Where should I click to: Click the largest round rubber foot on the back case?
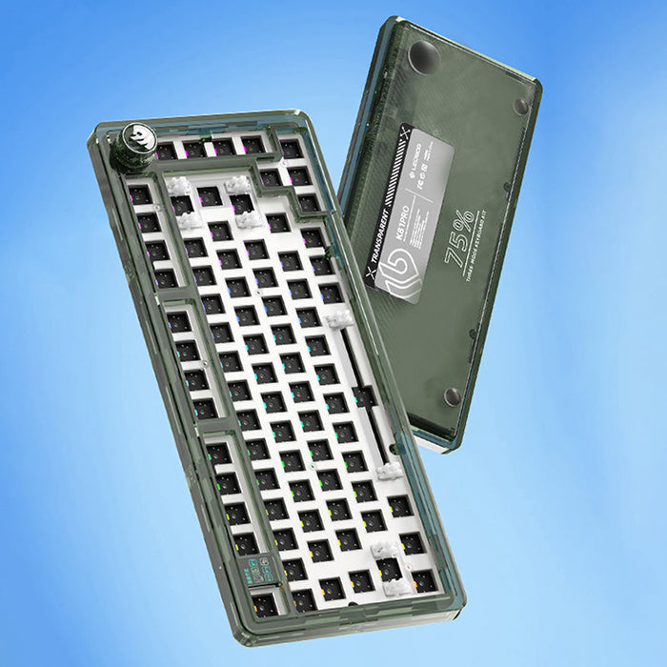(423, 60)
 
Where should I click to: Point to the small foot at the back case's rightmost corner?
(520, 107)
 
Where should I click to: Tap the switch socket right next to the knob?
(168, 151)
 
